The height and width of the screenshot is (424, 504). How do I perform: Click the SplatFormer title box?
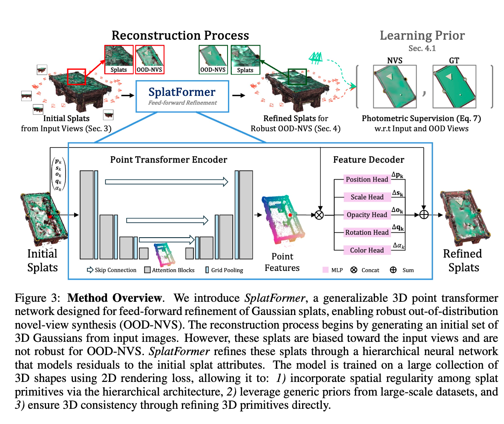(182, 96)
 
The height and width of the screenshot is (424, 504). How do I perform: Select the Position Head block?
(367, 180)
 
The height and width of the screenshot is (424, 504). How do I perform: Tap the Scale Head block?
(367, 197)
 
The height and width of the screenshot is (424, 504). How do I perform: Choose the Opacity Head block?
(367, 215)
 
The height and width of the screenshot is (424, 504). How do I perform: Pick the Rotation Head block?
(367, 232)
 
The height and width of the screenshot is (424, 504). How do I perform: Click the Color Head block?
(367, 250)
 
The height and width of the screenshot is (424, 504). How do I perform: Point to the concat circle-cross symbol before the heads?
(319, 215)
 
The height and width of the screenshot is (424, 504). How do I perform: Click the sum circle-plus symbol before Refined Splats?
(424, 215)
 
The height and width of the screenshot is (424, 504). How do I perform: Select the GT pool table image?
(454, 86)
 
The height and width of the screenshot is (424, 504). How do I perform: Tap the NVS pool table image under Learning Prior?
(395, 86)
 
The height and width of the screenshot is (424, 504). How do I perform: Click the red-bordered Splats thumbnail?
(119, 59)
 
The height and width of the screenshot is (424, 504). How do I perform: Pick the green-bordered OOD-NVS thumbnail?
(213, 59)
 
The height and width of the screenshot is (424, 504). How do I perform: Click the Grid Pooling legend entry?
(224, 270)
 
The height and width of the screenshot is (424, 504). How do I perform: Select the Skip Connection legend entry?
(111, 270)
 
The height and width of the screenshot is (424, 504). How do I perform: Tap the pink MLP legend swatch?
(325, 270)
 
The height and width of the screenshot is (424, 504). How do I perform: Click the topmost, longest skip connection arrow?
(167, 182)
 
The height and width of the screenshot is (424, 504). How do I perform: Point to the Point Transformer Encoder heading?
(169, 160)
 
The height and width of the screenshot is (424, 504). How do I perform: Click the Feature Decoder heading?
(369, 160)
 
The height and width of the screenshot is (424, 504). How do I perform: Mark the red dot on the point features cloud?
(290, 215)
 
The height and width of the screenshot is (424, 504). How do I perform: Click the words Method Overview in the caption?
(115, 298)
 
